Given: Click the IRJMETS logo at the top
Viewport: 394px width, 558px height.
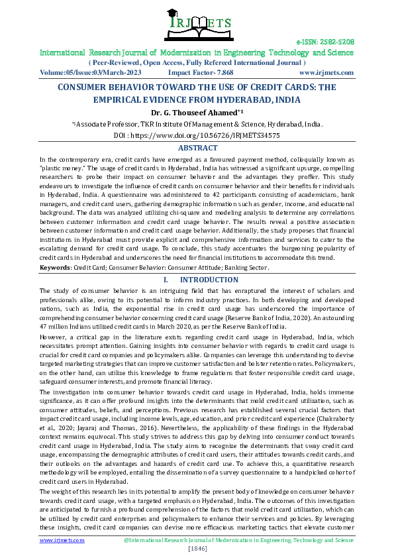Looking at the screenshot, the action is pyautogui.click(x=197, y=21).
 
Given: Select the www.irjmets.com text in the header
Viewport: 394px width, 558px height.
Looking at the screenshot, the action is pyautogui.click(x=326, y=72).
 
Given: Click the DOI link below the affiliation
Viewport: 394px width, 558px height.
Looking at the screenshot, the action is pyautogui.click(x=197, y=135).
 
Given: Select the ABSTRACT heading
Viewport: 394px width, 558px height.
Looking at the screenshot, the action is pyautogui.click(x=197, y=148).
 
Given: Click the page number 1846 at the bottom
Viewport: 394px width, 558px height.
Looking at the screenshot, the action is pyautogui.click(x=197, y=549).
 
